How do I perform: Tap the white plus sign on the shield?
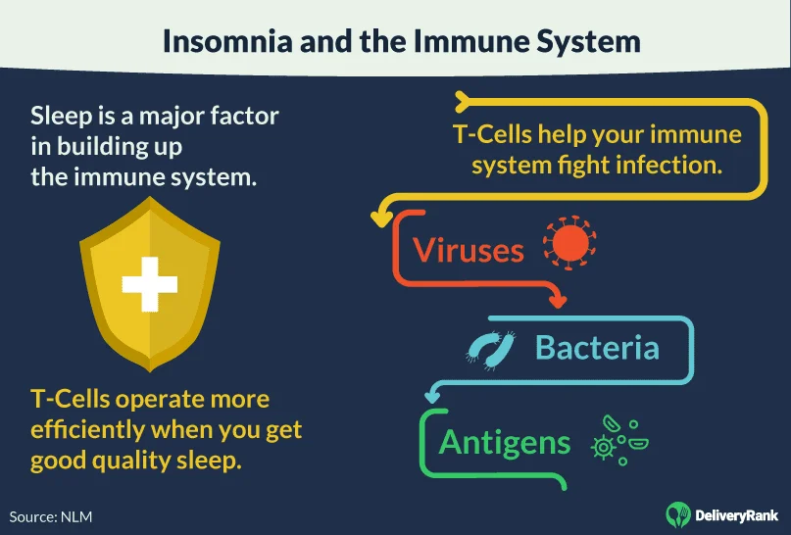pos(149,285)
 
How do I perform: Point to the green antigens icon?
pos(618,440)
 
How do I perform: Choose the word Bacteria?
pos(596,348)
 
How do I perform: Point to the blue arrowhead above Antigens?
pos(429,395)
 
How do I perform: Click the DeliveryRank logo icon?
pos(677,512)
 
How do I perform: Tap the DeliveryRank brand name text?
pos(735,513)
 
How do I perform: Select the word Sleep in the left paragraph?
pos(62,116)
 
